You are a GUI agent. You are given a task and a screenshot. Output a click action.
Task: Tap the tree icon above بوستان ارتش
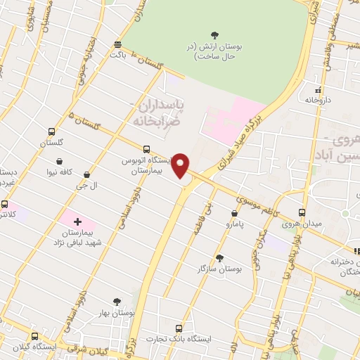214,34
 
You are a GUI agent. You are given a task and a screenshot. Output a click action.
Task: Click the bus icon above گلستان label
51,131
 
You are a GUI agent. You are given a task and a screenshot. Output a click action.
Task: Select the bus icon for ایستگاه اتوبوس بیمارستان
146,149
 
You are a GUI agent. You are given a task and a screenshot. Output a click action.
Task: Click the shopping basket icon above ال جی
86,174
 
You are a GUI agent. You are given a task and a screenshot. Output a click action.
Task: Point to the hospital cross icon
77,222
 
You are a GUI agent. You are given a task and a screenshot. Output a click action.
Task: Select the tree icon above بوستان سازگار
220,258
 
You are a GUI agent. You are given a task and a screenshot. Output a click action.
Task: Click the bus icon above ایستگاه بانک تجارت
179,328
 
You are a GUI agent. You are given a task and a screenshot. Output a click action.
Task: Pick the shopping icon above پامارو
234,214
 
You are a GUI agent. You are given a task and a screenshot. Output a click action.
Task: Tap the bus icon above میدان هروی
302,213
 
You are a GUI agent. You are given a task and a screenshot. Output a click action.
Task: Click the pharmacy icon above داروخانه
319,90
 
